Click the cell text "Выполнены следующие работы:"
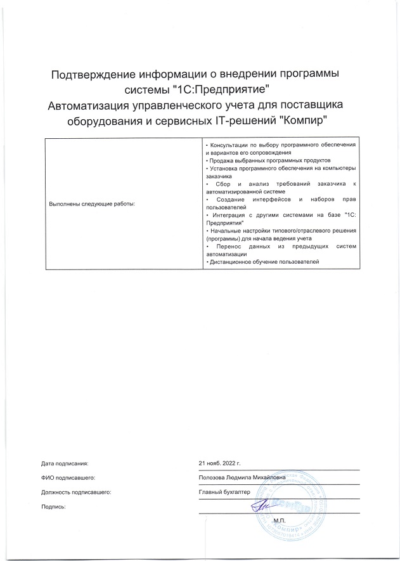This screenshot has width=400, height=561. [x=92, y=203]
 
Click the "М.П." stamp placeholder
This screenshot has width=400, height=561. [x=279, y=521]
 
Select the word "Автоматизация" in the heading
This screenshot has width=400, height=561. [x=94, y=105]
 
